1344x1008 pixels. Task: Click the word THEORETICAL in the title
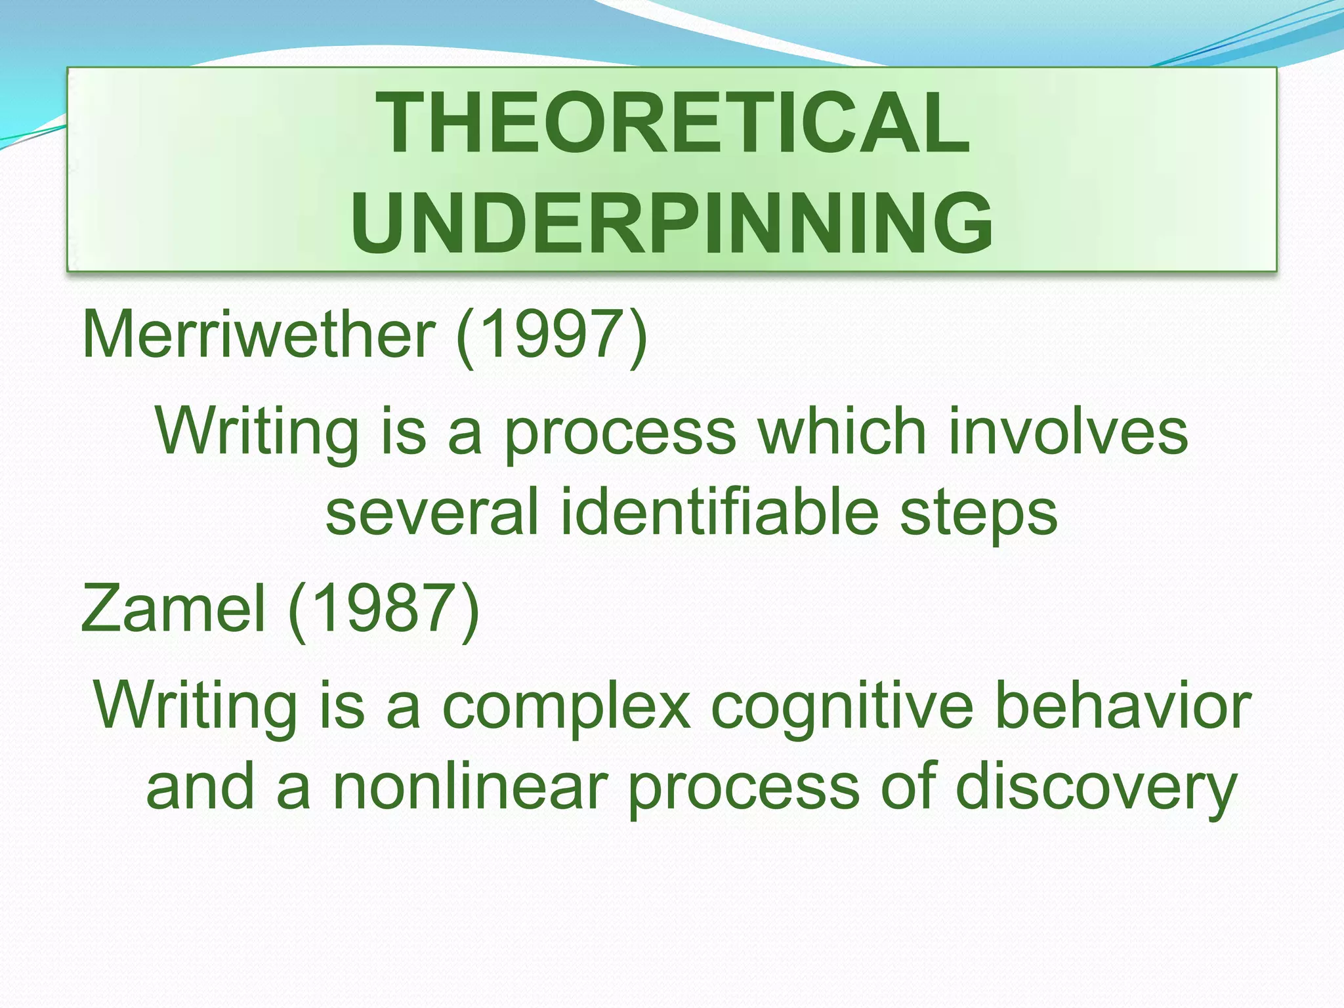[672, 123]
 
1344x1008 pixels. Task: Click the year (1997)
[551, 335]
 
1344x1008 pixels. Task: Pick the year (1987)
[384, 610]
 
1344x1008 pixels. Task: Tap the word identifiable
[719, 513]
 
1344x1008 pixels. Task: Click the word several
[432, 513]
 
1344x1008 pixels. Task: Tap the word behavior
[1122, 705]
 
